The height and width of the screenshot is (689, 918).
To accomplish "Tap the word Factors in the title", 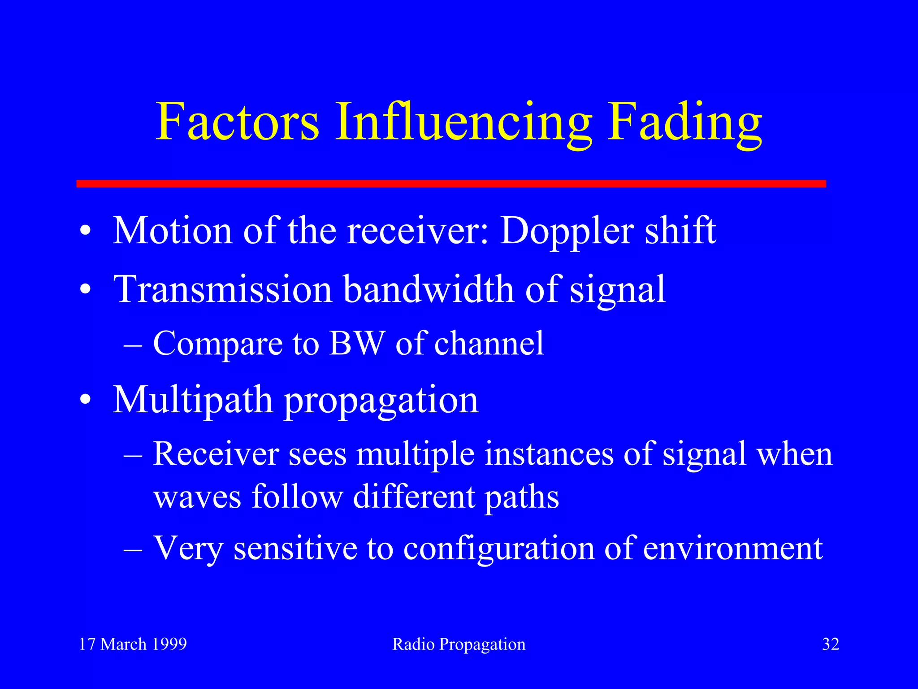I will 238,122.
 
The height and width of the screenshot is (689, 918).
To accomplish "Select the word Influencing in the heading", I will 463,122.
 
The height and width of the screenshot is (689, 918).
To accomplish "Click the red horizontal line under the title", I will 451,183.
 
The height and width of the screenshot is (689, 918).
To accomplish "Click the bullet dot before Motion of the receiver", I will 86,232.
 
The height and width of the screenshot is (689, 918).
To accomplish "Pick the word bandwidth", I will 429,289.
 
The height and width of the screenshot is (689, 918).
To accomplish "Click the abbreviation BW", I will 357,344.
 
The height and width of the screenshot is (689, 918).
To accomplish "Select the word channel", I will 489,344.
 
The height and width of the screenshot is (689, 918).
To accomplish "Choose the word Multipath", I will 193,400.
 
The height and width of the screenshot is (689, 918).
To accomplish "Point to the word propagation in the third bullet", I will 381,401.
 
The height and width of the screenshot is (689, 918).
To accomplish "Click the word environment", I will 733,548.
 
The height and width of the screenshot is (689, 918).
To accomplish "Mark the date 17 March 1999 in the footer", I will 133,644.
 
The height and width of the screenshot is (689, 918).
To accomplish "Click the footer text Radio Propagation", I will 459,645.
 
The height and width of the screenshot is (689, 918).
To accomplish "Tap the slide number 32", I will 830,644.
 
